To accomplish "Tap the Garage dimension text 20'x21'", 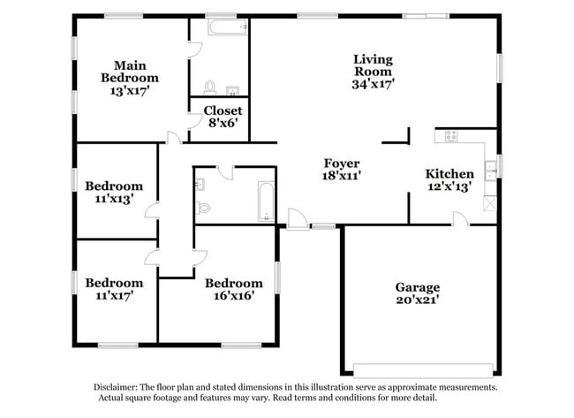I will (417, 300).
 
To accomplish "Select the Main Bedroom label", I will (129, 72).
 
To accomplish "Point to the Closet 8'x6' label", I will (223, 117).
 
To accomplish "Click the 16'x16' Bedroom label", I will (234, 289).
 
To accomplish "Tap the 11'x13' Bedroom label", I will (114, 192).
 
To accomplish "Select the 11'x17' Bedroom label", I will (114, 289).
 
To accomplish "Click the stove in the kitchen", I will (451, 136).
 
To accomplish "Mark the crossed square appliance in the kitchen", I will (489, 202).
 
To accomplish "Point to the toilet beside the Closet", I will (210, 87).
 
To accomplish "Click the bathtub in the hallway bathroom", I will (265, 201).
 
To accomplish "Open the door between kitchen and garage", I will (460, 219).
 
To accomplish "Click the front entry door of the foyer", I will (298, 219).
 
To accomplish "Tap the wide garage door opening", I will (423, 370).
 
